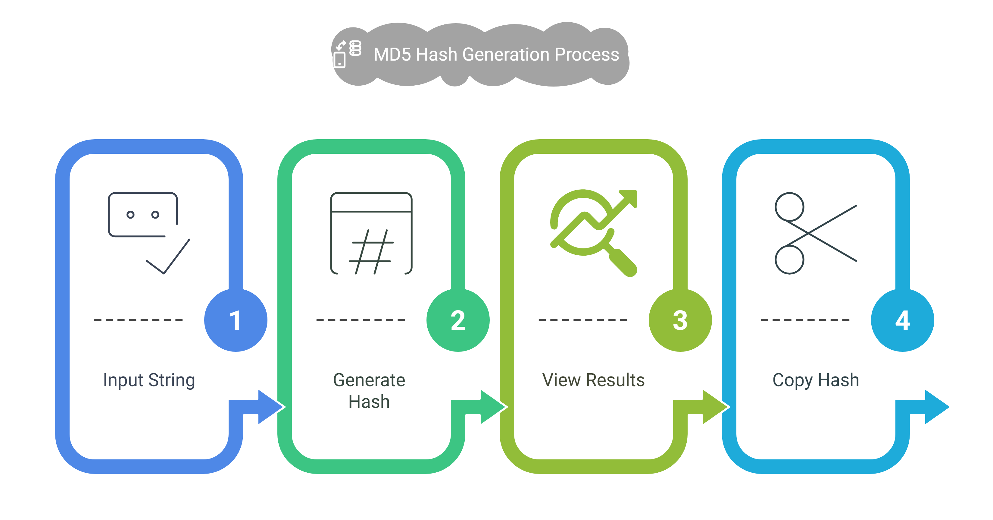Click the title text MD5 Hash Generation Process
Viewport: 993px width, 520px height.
point(496,54)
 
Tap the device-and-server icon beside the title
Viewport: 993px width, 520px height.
point(347,54)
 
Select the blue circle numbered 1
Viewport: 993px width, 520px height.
point(236,320)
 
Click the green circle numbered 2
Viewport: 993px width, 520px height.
point(458,320)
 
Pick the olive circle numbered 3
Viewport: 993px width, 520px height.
point(680,320)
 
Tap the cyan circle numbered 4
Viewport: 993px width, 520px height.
point(902,320)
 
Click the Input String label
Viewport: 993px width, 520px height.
point(149,381)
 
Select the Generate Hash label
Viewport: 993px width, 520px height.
point(369,390)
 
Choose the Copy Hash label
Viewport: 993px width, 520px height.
point(816,381)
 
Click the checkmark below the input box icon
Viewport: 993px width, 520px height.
point(168,257)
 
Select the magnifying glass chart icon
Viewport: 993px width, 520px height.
point(594,233)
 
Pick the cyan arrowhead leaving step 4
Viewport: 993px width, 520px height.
point(937,407)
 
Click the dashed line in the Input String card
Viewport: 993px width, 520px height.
point(138,320)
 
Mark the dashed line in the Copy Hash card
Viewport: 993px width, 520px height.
point(805,320)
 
